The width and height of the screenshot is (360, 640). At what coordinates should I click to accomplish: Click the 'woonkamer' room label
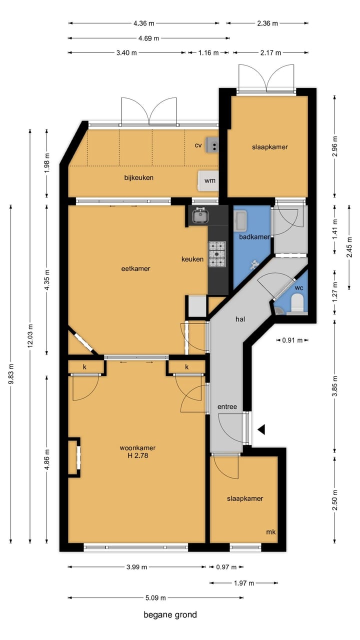click(x=137, y=447)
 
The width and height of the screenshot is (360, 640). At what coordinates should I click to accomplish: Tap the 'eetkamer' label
click(x=135, y=268)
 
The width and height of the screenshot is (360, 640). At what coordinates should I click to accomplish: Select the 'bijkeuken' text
click(x=139, y=177)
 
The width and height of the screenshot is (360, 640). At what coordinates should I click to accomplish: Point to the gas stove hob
click(x=217, y=254)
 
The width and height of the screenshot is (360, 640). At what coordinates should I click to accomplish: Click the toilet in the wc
click(x=297, y=303)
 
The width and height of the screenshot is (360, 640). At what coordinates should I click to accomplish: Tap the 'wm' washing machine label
click(x=209, y=181)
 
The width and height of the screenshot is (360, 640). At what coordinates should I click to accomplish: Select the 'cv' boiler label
click(x=198, y=145)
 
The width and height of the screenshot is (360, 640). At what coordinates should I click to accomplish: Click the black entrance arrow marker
click(x=261, y=429)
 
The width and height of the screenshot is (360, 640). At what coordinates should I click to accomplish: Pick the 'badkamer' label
click(x=254, y=237)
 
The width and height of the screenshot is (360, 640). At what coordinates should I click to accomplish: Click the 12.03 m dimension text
click(x=30, y=335)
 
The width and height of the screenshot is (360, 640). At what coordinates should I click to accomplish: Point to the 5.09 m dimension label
click(x=155, y=597)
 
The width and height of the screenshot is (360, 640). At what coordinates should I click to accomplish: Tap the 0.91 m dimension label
click(x=292, y=340)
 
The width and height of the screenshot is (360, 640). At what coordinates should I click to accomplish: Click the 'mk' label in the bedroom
click(x=271, y=532)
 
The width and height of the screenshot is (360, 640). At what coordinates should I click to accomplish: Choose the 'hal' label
click(x=240, y=319)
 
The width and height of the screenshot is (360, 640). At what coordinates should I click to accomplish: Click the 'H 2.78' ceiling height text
click(x=138, y=455)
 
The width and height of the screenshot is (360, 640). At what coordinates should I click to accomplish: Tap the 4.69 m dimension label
click(x=148, y=38)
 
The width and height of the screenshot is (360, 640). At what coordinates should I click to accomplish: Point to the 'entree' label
click(x=227, y=406)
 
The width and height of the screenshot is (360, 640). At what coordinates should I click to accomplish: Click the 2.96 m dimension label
click(x=335, y=146)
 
